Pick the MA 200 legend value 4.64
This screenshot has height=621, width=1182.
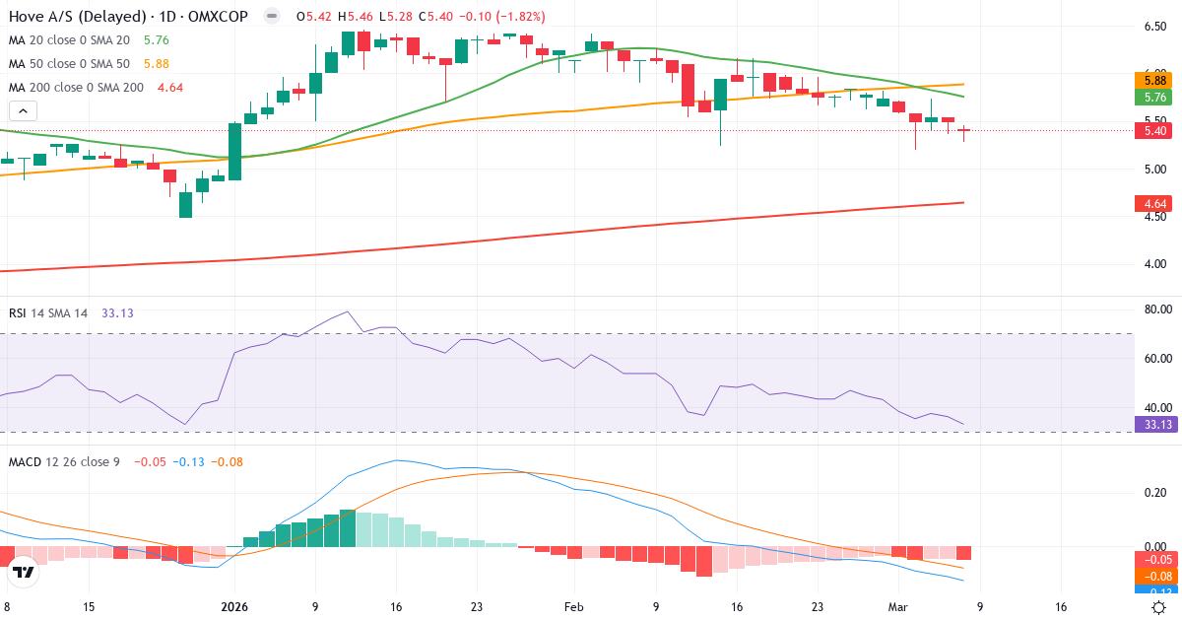[170, 88]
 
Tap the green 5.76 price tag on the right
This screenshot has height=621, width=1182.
[1153, 97]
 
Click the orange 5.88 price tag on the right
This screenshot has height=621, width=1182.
[1153, 80]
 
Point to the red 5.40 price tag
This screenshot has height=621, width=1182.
[1153, 130]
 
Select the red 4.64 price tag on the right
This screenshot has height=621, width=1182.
[1153, 204]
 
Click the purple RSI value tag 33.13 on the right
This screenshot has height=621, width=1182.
[1153, 425]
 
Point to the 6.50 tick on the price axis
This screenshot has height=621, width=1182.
[1155, 26]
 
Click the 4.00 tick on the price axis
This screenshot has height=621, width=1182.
[1155, 264]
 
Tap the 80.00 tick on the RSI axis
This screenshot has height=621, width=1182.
[1155, 310]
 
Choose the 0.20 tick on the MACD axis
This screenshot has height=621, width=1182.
[1155, 492]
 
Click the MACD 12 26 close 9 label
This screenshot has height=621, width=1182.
[64, 462]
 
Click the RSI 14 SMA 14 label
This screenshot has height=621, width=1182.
[49, 313]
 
